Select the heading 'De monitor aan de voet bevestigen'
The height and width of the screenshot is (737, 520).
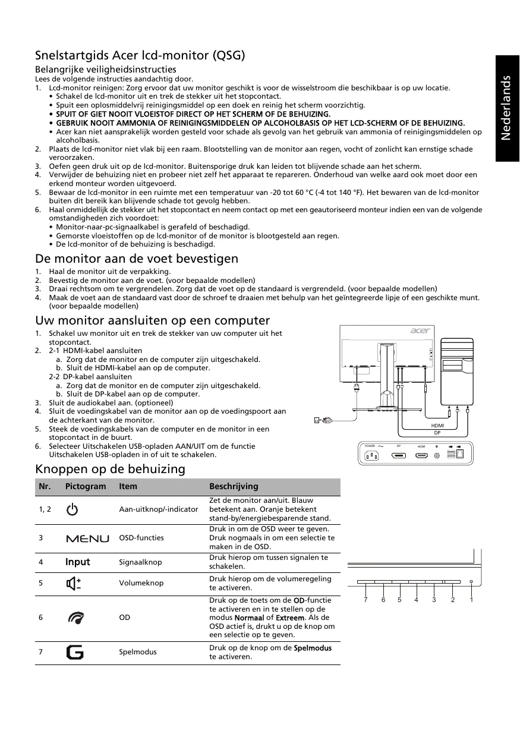[x=137, y=259]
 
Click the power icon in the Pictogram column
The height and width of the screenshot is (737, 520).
[x=72, y=509]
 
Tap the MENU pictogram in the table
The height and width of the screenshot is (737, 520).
[x=87, y=538]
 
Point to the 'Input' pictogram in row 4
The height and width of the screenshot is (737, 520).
[x=78, y=562]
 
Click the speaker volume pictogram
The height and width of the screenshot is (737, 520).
[x=74, y=583]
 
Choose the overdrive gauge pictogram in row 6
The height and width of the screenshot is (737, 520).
[x=75, y=618]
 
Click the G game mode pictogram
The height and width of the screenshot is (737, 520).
[x=75, y=652]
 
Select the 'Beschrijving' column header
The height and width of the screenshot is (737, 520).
[x=234, y=486]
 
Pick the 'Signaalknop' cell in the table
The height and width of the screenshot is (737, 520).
[x=140, y=562]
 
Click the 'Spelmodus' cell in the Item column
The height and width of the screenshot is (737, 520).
[x=138, y=652]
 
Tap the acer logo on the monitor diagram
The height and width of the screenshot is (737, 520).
[x=419, y=332]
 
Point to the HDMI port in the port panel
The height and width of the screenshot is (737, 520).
[x=421, y=456]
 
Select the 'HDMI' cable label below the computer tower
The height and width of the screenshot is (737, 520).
[x=437, y=426]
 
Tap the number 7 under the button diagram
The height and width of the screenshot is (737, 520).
[x=367, y=600]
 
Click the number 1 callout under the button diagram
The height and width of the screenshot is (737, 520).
[x=471, y=600]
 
